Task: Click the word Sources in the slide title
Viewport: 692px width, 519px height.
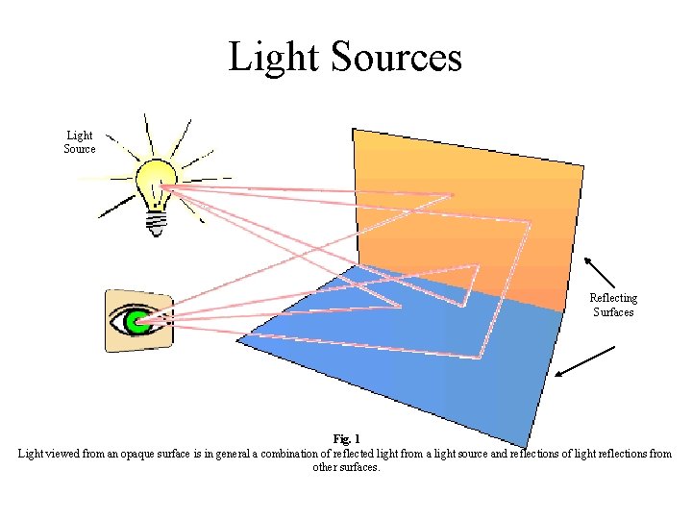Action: click(396, 58)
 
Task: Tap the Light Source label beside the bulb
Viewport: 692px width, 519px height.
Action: click(80, 142)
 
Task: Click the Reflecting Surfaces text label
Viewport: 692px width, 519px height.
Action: click(613, 305)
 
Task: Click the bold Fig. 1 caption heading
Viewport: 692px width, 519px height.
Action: click(346, 440)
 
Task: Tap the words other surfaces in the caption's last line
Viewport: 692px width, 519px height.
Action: click(346, 467)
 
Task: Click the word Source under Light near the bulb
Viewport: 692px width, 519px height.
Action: click(80, 149)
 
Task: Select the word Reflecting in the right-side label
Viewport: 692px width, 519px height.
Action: click(613, 298)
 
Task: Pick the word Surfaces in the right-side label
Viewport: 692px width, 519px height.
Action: click(613, 312)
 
